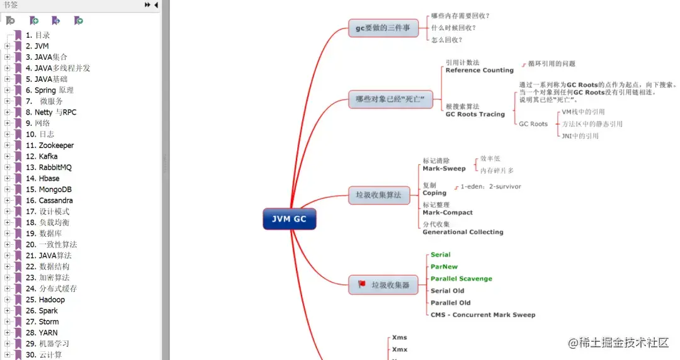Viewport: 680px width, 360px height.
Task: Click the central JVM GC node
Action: tap(289, 219)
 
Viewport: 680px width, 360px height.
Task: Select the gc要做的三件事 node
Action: tap(383, 28)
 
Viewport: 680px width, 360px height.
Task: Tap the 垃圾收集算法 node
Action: tap(378, 195)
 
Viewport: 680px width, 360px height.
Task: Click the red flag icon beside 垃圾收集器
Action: tap(362, 284)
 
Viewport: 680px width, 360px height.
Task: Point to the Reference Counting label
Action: tap(479, 70)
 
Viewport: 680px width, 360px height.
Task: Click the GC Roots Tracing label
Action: tap(475, 115)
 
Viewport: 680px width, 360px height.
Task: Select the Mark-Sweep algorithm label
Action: tap(444, 169)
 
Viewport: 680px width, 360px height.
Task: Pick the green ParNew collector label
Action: tap(444, 267)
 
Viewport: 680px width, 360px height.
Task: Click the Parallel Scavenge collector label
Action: tap(461, 279)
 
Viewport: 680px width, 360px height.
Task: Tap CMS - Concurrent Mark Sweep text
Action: tap(483, 315)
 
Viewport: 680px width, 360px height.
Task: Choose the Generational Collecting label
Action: tap(463, 232)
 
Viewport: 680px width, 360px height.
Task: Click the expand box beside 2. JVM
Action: tap(7, 46)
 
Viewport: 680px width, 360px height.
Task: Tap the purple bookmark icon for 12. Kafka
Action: tap(18, 156)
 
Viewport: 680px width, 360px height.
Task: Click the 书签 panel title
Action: tap(11, 4)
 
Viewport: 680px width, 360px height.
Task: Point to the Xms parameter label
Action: tap(399, 338)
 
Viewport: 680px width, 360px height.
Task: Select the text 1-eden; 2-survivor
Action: tap(490, 187)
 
